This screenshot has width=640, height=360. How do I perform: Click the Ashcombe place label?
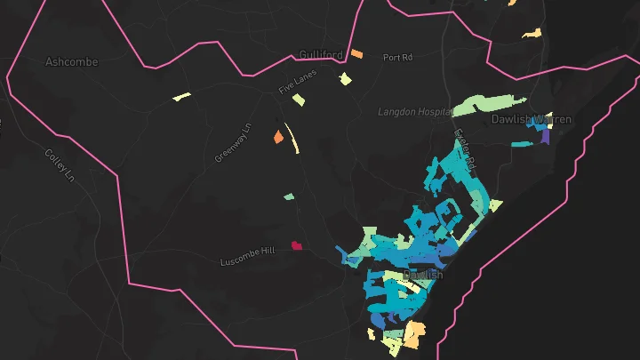click(x=71, y=62)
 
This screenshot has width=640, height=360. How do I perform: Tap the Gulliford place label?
click(x=321, y=55)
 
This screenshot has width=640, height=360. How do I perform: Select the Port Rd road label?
click(x=398, y=58)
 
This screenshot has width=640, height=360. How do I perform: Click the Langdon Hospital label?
click(x=414, y=112)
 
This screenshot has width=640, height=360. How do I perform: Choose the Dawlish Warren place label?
click(x=532, y=119)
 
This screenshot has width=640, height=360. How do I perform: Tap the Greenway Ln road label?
click(x=234, y=143)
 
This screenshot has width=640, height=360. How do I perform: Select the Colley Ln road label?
click(x=60, y=164)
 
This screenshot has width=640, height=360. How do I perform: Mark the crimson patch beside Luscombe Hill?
click(x=296, y=245)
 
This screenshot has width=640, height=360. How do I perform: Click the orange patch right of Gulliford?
click(x=356, y=54)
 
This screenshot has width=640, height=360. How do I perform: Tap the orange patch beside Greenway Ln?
click(x=278, y=137)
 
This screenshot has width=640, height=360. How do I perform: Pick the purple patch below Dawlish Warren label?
click(x=543, y=138)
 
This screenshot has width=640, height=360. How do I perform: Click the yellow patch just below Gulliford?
click(x=346, y=79)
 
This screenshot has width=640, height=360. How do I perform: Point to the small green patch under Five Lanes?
click(x=299, y=100)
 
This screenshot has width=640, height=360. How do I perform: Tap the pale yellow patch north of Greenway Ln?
click(x=182, y=96)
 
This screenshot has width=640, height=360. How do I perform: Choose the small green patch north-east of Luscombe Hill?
click(x=289, y=196)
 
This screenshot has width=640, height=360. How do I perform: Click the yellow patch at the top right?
click(x=532, y=34)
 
